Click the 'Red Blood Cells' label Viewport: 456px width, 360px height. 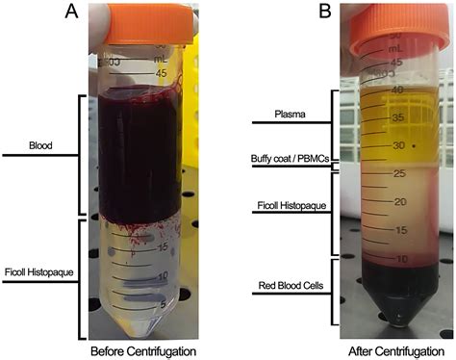pyautogui.click(x=286, y=286)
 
